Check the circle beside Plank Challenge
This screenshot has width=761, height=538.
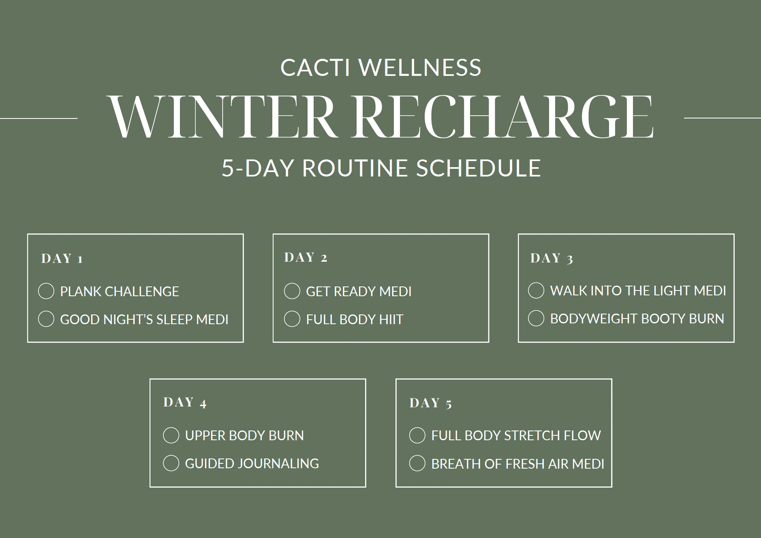point(46,291)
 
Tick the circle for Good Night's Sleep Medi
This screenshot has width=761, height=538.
point(46,319)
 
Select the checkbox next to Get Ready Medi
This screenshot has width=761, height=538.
point(292,291)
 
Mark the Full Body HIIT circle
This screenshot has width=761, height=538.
point(292,319)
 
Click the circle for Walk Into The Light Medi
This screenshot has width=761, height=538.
point(536,290)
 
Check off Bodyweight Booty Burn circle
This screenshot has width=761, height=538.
point(536,318)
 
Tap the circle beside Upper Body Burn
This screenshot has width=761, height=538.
point(171,435)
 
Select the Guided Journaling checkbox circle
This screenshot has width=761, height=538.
point(171,463)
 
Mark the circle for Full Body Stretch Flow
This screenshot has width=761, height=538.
point(417,435)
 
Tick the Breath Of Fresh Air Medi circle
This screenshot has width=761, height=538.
point(417,463)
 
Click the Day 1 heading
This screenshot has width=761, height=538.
point(62,258)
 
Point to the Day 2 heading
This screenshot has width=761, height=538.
point(306,257)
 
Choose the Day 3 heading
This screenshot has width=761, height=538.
point(552,258)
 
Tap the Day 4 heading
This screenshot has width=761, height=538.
point(185,402)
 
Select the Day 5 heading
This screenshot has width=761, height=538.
point(430,403)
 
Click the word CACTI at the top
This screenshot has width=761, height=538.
point(315,67)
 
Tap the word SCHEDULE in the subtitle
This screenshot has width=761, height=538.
point(479,168)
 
